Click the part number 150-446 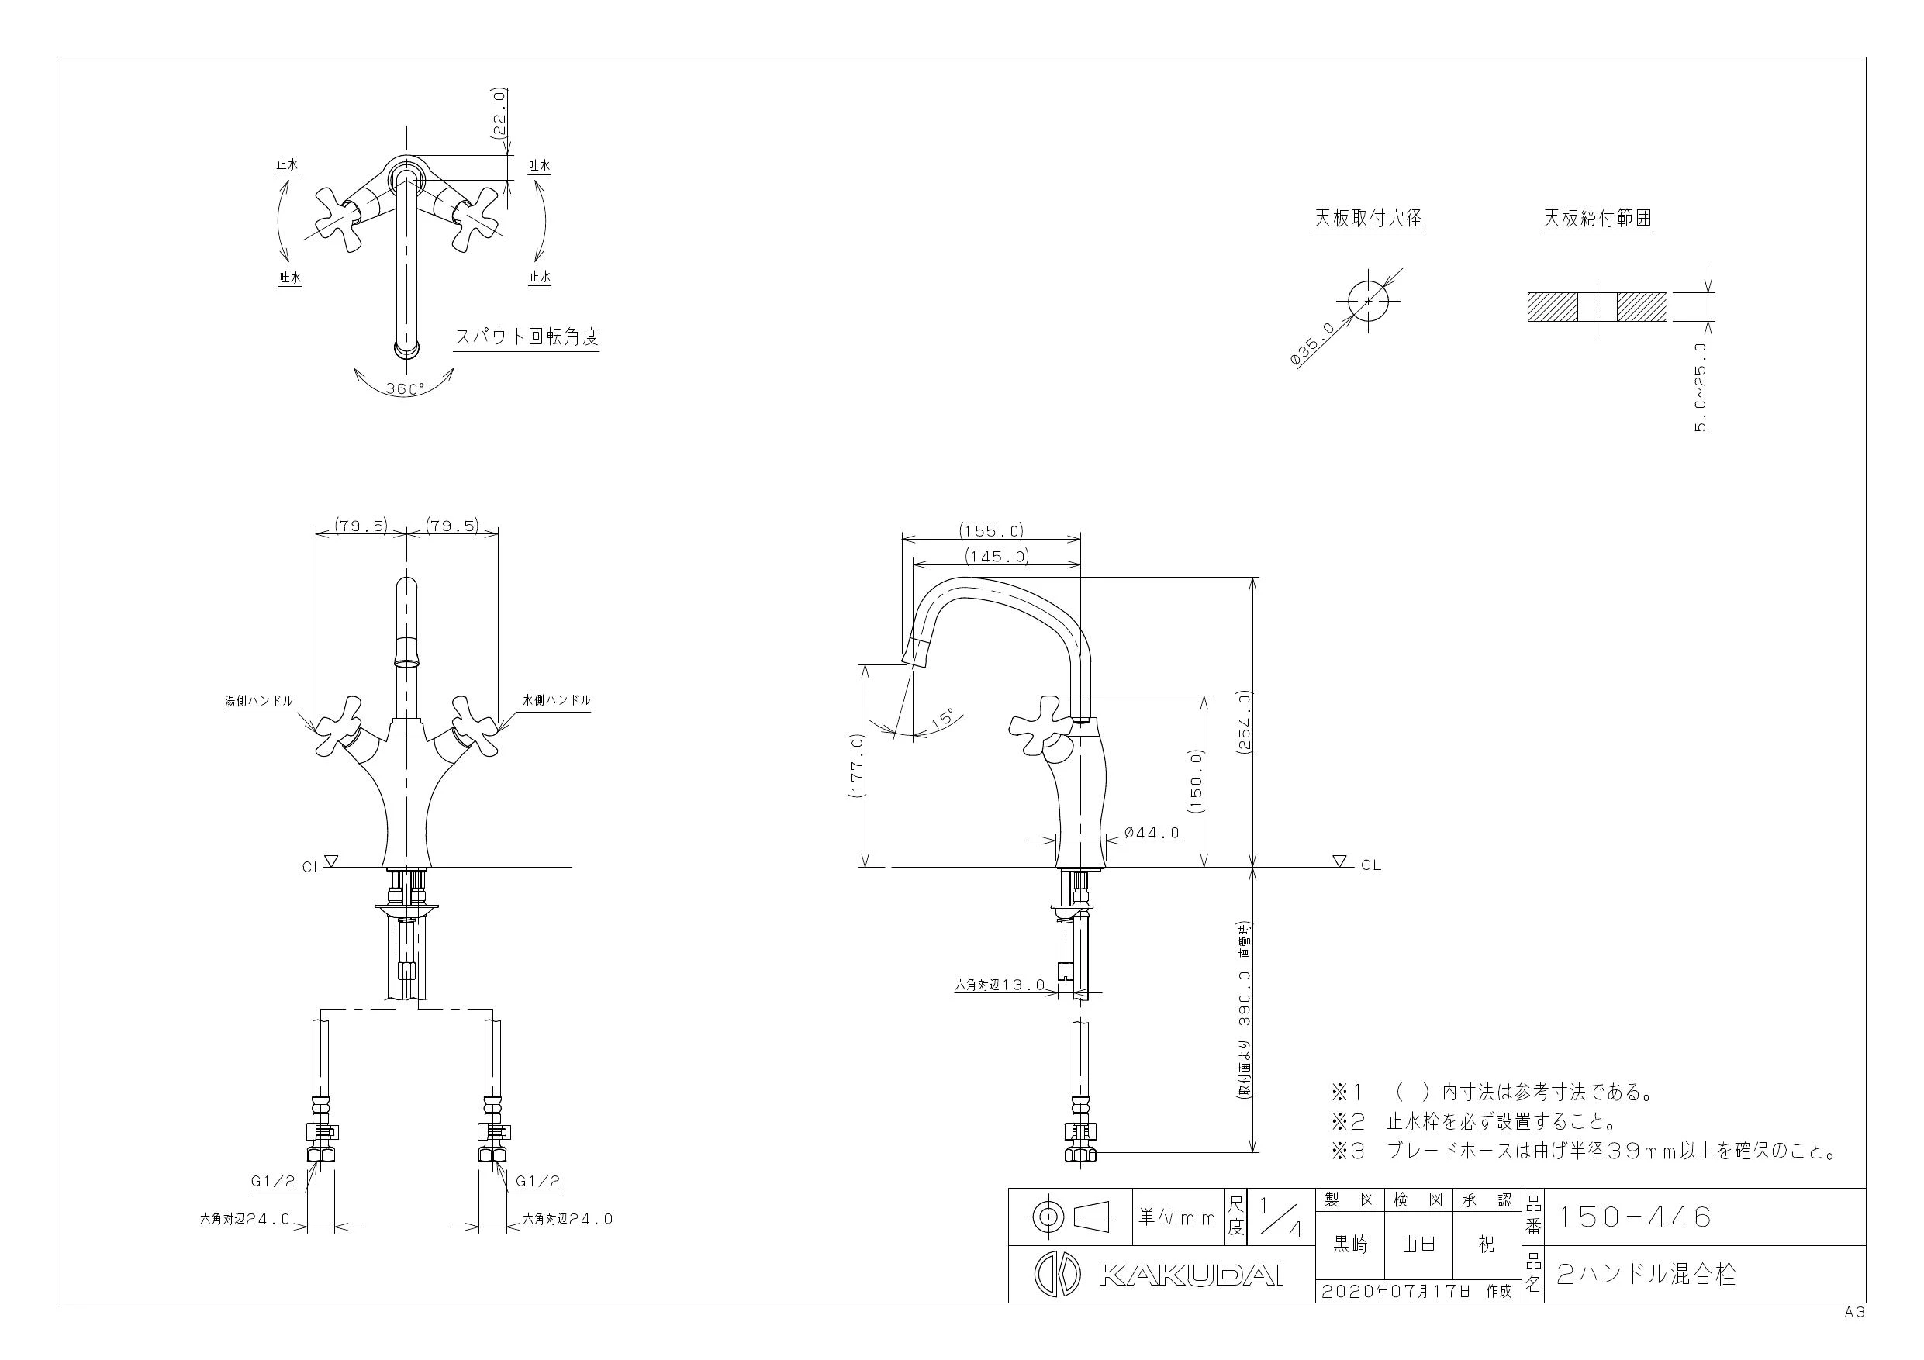[1633, 1217]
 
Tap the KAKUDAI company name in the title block [1190, 1276]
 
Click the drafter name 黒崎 [1351, 1246]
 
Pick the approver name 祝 [1486, 1246]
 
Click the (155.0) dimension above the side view [991, 530]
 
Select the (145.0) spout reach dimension [997, 556]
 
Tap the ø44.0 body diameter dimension [1152, 833]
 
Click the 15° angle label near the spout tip [945, 718]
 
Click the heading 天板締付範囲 [1598, 219]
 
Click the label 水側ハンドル [557, 700]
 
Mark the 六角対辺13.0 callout [1000, 985]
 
